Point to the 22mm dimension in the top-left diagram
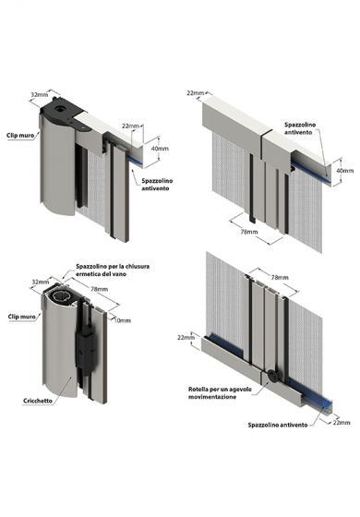click(x=133, y=126)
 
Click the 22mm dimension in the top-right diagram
click(x=194, y=92)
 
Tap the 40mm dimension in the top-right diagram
click(x=343, y=170)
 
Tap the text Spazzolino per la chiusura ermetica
click(x=114, y=271)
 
